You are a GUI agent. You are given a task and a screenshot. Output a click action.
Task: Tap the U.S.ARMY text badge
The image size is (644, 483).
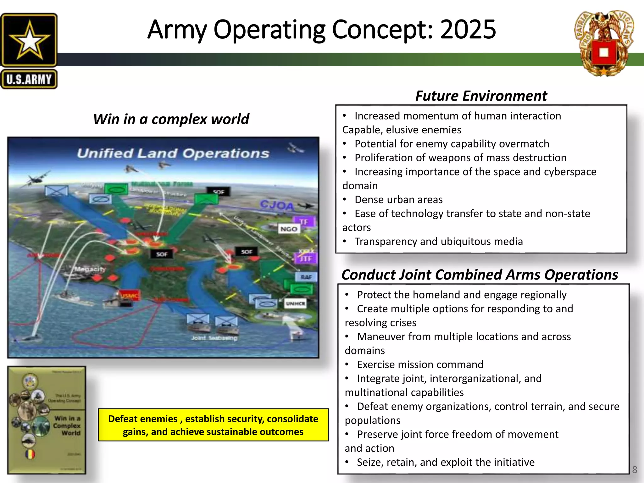(29, 79)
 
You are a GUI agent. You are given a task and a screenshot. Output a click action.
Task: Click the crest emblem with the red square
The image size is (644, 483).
(604, 44)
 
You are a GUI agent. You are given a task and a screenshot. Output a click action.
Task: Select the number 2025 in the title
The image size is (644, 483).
(468, 30)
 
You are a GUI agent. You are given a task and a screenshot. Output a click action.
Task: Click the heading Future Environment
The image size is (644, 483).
(481, 96)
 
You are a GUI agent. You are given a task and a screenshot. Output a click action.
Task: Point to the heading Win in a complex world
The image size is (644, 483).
(171, 119)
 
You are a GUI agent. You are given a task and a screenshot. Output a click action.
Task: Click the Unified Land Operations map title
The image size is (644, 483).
(173, 153)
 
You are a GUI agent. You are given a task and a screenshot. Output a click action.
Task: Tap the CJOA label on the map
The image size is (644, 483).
(277, 205)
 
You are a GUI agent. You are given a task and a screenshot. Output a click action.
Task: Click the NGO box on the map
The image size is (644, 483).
(289, 229)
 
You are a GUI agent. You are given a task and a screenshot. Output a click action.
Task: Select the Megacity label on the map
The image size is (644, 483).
(90, 269)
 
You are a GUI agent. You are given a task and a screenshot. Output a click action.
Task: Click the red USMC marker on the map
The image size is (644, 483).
(129, 296)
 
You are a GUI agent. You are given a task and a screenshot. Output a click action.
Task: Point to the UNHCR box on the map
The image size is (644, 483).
(295, 303)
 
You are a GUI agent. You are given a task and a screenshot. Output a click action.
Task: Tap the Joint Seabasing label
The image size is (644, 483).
(214, 338)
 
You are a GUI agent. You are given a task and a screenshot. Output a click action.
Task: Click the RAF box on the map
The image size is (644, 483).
(306, 277)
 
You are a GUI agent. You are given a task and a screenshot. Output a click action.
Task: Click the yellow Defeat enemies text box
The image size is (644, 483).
(213, 425)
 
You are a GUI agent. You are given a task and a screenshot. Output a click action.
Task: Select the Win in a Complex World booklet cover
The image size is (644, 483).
(47, 420)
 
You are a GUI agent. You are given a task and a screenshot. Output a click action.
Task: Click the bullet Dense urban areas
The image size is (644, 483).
(398, 200)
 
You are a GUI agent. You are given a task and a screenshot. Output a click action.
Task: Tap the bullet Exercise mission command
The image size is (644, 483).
(420, 364)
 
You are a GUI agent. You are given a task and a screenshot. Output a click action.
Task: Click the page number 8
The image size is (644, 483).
(634, 470)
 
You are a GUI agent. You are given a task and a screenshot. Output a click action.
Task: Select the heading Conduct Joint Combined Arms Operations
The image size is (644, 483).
(480, 275)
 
